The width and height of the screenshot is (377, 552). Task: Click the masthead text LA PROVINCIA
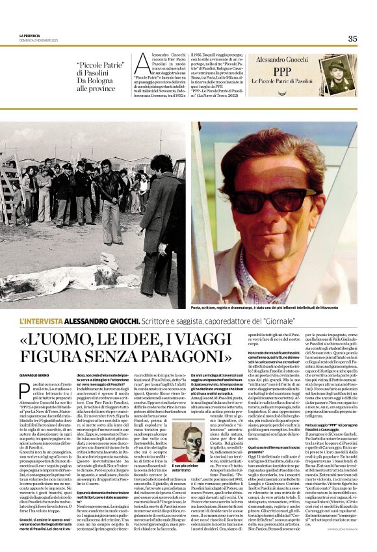point(31,36)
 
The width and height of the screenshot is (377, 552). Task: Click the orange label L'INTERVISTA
point(42,322)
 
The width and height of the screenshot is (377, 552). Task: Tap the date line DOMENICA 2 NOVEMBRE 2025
point(39,41)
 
